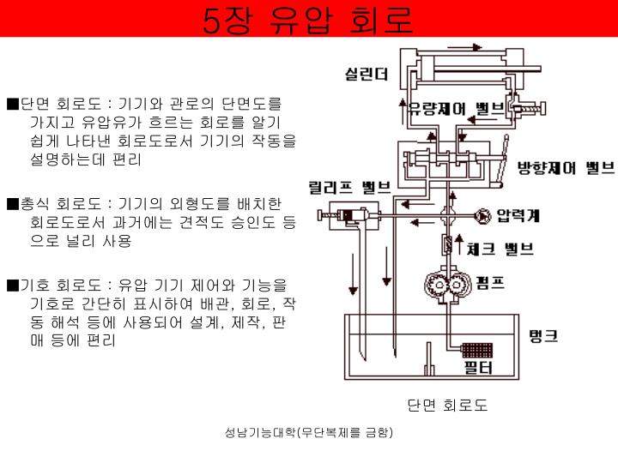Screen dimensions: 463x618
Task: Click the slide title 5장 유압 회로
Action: pos(308,19)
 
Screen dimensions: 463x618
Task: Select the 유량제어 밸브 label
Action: pos(447,109)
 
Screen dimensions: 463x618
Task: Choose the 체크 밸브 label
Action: pos(500,249)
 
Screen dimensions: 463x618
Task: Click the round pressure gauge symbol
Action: pos(482,214)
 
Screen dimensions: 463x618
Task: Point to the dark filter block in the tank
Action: pos(475,351)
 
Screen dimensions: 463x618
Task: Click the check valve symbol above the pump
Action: pos(447,247)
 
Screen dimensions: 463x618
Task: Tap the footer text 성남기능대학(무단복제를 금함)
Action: pos(308,433)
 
